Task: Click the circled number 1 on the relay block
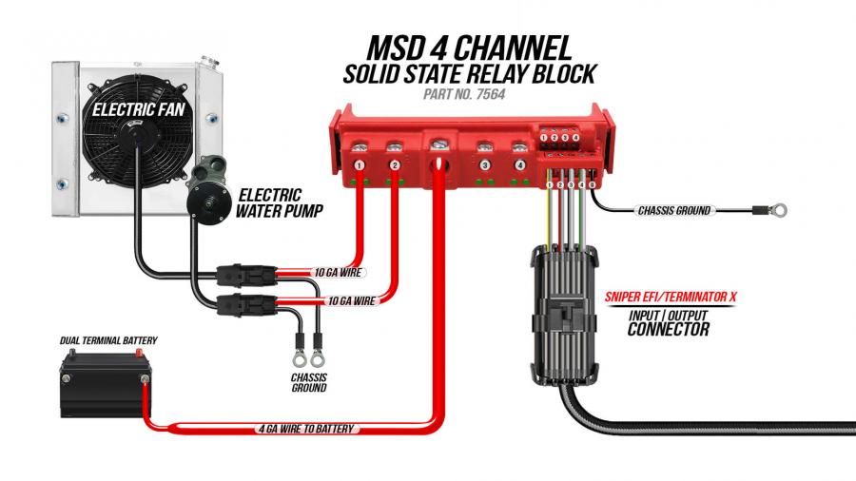click(360, 164)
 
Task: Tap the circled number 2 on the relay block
click(395, 164)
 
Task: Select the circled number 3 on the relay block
click(484, 164)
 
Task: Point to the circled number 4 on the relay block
click(519, 164)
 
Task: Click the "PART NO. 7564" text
click(464, 94)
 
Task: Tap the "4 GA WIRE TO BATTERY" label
click(306, 429)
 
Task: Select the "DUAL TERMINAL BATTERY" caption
click(108, 341)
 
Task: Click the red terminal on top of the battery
click(139, 355)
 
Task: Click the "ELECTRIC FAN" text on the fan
click(139, 109)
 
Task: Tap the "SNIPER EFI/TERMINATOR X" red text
click(671, 298)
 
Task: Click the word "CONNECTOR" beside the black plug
click(669, 329)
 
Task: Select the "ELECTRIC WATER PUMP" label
click(279, 202)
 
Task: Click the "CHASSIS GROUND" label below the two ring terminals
click(309, 382)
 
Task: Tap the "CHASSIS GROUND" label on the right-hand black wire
click(674, 210)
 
